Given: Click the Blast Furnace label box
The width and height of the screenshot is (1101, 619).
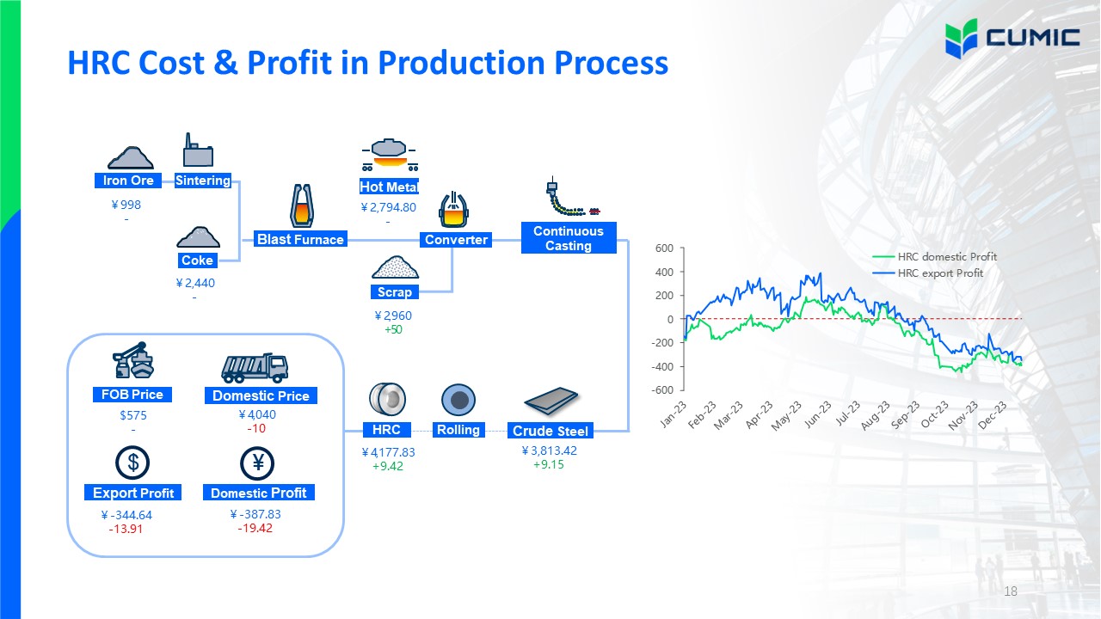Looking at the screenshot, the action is (300, 239).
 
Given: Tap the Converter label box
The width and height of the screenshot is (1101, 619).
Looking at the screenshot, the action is (456, 240).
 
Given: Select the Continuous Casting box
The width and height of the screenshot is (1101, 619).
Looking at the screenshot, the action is (569, 238).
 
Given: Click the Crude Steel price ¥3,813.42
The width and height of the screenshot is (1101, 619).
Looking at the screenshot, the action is (549, 450).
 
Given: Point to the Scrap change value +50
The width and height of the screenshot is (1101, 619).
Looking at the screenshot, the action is (393, 329).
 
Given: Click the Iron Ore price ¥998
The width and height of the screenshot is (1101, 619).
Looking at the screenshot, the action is (126, 205).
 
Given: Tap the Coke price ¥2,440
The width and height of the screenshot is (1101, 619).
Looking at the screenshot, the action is (195, 283).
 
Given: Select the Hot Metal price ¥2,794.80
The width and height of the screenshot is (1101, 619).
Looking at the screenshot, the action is (388, 207).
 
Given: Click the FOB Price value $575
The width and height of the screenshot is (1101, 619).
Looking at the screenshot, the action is (133, 415).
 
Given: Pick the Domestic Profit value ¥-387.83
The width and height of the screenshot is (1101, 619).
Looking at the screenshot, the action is (255, 514).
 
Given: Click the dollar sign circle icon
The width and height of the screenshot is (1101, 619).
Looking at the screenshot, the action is (132, 463).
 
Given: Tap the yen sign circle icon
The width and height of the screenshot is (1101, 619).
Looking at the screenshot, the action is (257, 463).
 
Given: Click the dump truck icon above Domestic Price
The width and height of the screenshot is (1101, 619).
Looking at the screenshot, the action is (255, 368).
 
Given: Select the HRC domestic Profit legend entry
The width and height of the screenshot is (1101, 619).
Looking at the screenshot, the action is (934, 256).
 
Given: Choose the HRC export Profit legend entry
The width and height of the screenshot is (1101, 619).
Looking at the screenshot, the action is (927, 273).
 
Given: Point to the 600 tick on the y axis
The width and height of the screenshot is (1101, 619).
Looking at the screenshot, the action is (664, 248).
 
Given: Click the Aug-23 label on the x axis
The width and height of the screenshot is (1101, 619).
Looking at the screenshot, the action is (876, 415).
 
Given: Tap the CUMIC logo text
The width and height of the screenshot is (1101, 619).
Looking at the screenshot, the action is (1033, 38).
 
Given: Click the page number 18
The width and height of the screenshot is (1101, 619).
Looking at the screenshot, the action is (1011, 591).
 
